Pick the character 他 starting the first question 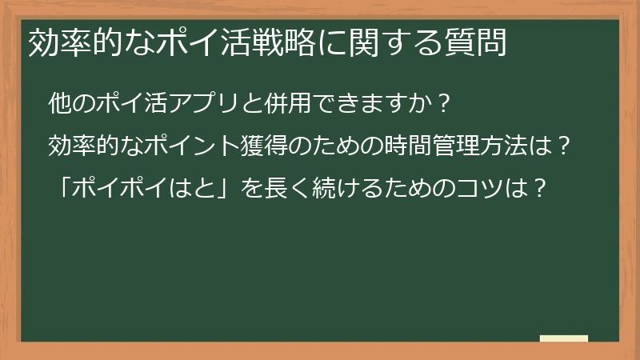[x=59, y=105]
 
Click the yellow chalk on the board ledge [x=563, y=338]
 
